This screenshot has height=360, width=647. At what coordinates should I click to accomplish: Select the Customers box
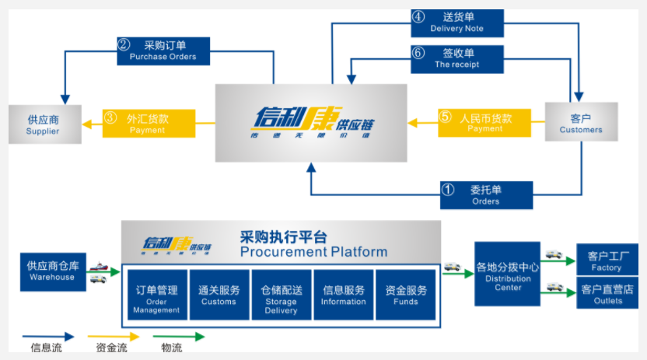pos(581,124)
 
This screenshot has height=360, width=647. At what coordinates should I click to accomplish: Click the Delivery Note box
pos(457,23)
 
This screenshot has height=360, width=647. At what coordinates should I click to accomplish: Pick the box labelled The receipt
pos(457,59)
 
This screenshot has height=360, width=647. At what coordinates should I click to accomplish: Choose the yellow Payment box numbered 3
pos(148,124)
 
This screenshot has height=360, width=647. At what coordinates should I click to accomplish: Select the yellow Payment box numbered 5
pos(484,123)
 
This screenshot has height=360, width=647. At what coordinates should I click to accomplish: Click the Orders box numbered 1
pos(486,195)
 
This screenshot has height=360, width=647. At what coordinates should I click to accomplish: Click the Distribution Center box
pos(507,273)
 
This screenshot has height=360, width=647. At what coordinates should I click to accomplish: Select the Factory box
pos(607,260)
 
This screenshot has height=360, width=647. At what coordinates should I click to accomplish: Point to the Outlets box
pos(607,294)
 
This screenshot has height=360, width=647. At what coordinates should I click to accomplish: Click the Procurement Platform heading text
pos(313,251)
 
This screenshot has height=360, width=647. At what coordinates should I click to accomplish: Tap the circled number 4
pos(418,16)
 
